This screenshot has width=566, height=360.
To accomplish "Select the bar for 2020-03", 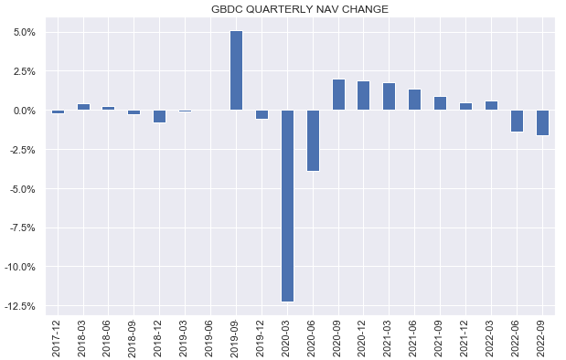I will click(x=287, y=206).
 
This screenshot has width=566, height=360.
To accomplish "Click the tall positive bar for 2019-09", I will click(x=236, y=70).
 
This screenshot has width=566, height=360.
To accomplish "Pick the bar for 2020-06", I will click(x=313, y=141).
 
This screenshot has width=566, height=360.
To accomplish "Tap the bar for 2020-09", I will click(x=338, y=95).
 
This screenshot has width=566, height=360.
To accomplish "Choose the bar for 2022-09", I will click(x=542, y=122).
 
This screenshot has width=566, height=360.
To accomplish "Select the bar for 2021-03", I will click(x=390, y=97).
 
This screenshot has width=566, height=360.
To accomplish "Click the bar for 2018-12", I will click(x=160, y=116).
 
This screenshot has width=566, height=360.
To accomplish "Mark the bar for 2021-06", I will click(x=415, y=100).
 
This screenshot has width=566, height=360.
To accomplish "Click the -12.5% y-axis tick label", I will click(x=19, y=306).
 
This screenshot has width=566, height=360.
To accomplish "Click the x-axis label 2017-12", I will click(x=58, y=335).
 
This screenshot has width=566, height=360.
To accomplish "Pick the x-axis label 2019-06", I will click(x=211, y=335).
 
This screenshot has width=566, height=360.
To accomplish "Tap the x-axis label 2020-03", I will click(x=287, y=335).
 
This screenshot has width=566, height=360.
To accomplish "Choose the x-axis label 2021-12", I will click(x=466, y=335).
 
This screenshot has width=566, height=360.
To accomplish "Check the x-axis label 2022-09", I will click(x=542, y=335).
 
